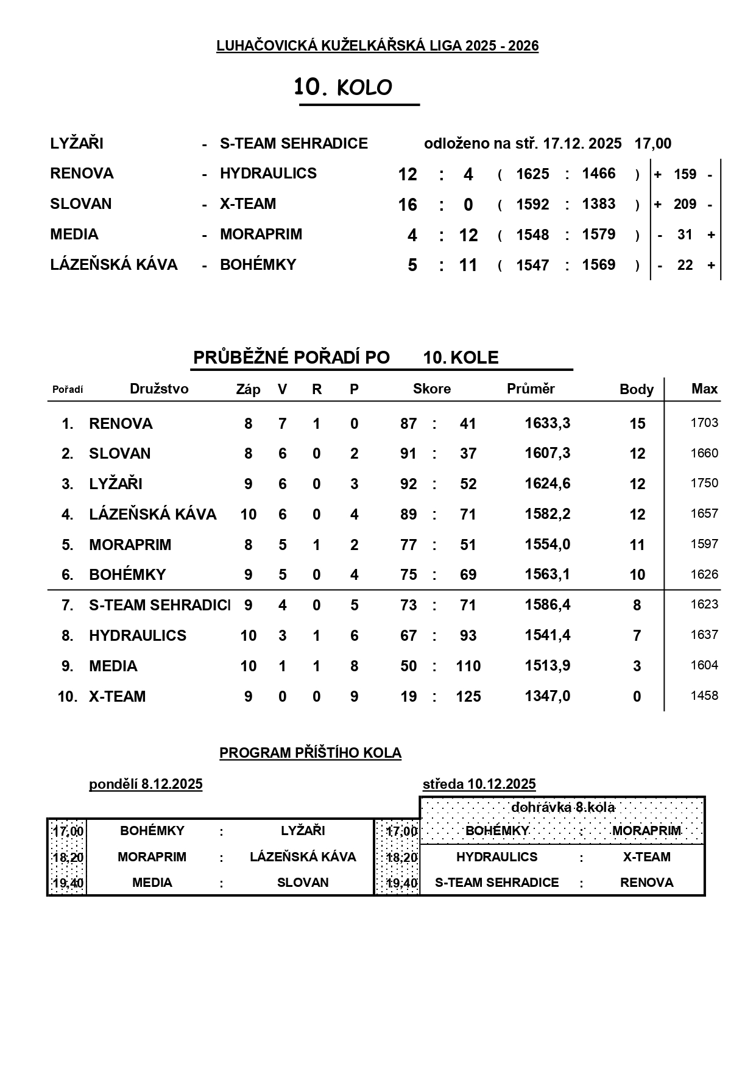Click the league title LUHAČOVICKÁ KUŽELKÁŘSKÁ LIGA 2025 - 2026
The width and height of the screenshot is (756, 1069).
coord(377,46)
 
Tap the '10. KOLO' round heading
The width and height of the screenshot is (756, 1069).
coord(343,88)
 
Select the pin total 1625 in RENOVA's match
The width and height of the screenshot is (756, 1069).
coord(532,174)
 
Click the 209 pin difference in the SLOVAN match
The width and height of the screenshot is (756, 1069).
coord(685,204)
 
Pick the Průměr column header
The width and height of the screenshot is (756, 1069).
coord(531,389)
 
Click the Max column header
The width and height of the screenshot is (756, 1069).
coord(704,389)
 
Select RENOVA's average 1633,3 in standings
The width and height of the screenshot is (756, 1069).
coord(547,423)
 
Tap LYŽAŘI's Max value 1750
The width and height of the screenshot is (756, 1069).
coord(704,483)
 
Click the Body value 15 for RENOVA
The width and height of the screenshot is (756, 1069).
coord(637,423)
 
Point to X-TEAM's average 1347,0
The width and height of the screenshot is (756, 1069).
coord(547,696)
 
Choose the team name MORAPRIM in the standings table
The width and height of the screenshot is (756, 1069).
coord(130,545)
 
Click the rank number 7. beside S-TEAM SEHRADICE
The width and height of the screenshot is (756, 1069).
coord(67,605)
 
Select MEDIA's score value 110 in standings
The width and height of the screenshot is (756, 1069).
coord(468,666)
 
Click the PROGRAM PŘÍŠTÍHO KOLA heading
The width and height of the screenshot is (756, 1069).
coord(310,753)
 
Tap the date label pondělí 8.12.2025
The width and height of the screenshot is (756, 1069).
coord(146,784)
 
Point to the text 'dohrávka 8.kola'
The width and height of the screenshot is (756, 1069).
coord(562,807)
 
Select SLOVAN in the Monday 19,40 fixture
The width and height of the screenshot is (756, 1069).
coord(303,883)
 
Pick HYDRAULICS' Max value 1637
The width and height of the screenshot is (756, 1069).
coord(704,635)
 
